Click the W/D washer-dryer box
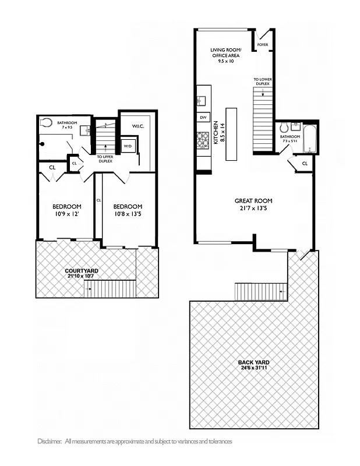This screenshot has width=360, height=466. pos(128,146)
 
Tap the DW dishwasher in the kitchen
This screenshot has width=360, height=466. pos(203,118)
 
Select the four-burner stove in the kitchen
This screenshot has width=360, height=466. pos(203,140)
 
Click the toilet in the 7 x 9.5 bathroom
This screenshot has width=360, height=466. pos(47,122)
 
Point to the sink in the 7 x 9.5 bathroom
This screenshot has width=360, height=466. pos(84,130)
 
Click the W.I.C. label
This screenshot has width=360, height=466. pos(138,126)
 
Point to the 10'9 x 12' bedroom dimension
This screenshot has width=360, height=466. pos(66,214)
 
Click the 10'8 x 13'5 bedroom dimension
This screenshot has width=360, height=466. pos(128,214)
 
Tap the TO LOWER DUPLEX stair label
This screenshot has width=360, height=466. pos(262,82)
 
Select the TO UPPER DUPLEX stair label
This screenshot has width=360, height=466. pos(105,158)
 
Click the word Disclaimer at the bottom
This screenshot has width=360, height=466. pos(49,442)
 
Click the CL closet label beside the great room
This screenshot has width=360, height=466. pos(305,164)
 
